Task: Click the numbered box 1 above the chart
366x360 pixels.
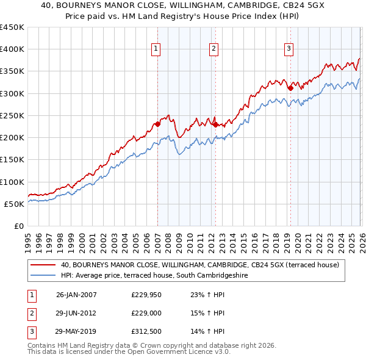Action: pyautogui.click(x=156, y=49)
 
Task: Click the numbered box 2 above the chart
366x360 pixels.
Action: pyautogui.click(x=215, y=49)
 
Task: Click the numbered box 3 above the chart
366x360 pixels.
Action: pyautogui.click(x=289, y=49)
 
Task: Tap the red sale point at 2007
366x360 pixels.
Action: pyautogui.click(x=157, y=124)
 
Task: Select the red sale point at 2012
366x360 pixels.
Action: pyautogui.click(x=215, y=124)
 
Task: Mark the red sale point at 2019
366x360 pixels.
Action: pyautogui.click(x=290, y=88)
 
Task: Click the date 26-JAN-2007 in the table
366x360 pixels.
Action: pyautogui.click(x=76, y=295)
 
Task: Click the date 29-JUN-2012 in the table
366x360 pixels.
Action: pyautogui.click(x=76, y=313)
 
